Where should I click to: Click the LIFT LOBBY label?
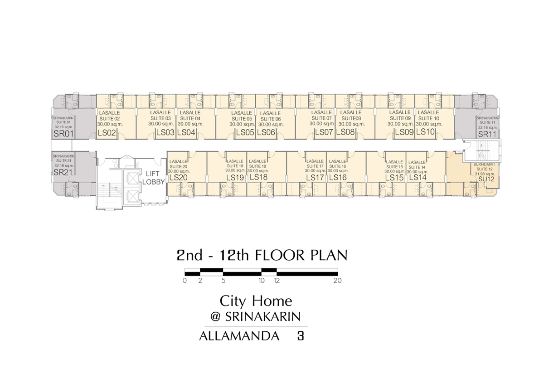154,178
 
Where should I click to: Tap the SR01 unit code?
63,134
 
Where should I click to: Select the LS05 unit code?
245,132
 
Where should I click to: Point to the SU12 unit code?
486,179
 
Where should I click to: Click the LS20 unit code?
179,178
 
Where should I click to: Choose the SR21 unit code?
63,172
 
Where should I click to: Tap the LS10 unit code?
425,132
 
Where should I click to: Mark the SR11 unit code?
487,134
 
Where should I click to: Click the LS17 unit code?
315,178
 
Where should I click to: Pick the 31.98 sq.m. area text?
485,174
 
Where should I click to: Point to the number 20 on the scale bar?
338,281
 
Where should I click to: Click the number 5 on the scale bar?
223,281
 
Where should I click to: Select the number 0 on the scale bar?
185,281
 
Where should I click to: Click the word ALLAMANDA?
239,336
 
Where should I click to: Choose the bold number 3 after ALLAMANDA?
301,336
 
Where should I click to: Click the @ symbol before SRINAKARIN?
215,316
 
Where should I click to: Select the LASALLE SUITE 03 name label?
160,115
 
